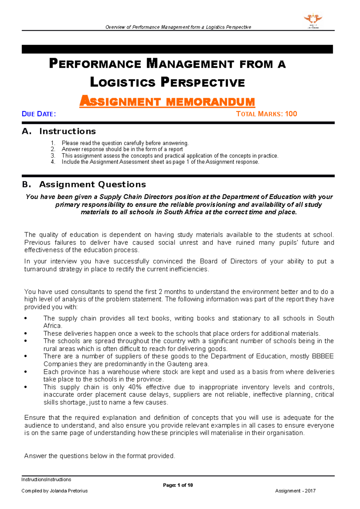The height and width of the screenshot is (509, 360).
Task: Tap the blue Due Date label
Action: pos(39,114)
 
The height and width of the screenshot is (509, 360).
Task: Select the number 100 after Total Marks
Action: pos(291,114)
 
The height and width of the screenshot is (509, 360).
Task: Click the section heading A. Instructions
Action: pos(59,131)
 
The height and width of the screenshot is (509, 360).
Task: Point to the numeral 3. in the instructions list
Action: pos(53,156)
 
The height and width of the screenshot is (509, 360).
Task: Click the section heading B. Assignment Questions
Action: pos(84,184)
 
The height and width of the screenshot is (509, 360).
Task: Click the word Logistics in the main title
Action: pos(123,82)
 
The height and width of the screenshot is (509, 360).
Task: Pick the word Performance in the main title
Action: pos(95,64)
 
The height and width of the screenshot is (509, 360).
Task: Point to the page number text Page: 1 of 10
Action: pos(178,485)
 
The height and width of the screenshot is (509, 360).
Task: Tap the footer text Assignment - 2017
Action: pos(295,491)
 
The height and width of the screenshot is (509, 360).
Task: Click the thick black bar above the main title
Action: pos(177,49)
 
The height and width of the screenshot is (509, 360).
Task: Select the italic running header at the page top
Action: pos(178,27)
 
